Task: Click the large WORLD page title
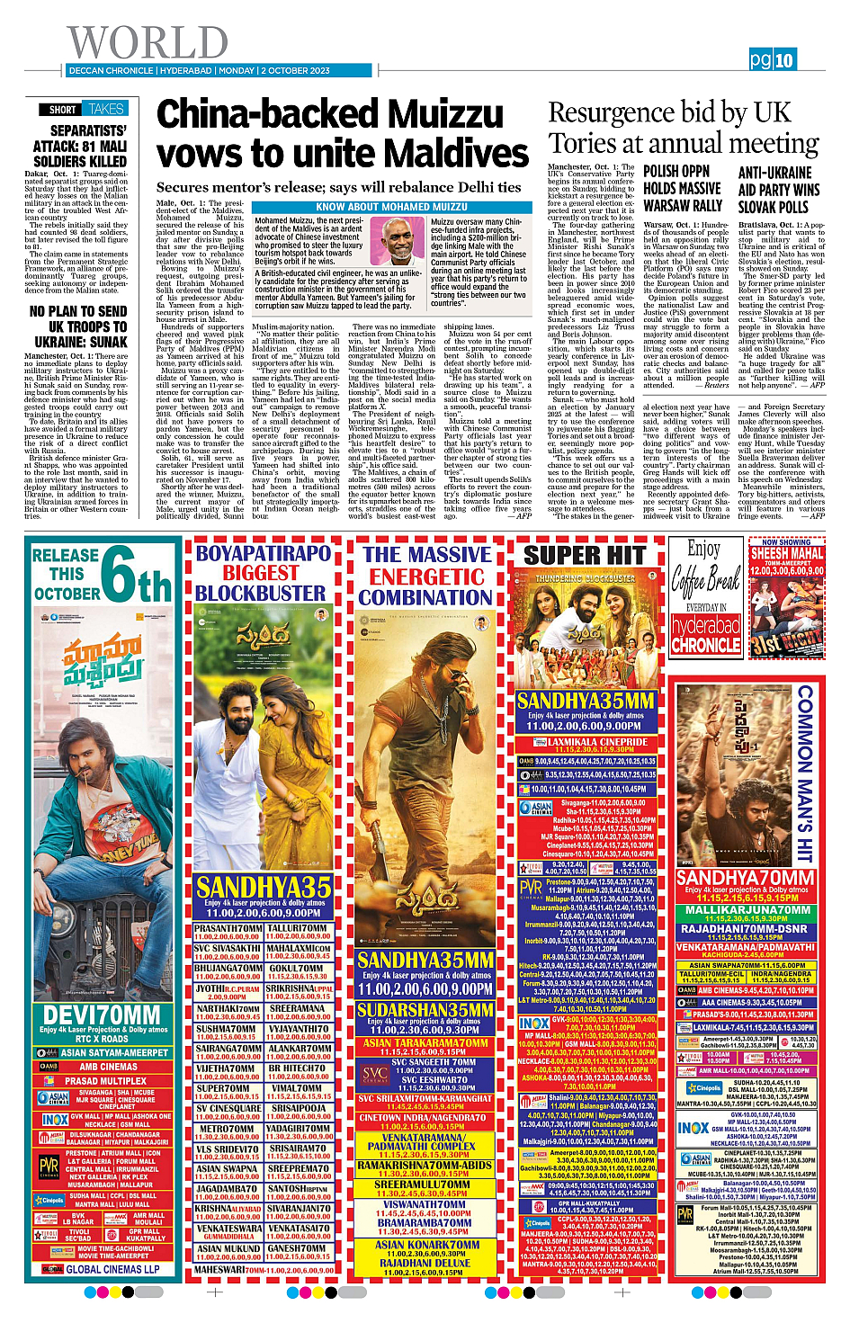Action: coord(148,42)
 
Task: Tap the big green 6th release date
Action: coord(136,576)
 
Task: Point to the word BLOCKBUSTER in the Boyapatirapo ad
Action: coord(260,594)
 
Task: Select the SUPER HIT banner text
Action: coord(585,555)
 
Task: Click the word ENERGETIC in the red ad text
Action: coord(426,576)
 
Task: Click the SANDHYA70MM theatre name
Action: coord(744,878)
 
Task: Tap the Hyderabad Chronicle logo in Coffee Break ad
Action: coord(705,635)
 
